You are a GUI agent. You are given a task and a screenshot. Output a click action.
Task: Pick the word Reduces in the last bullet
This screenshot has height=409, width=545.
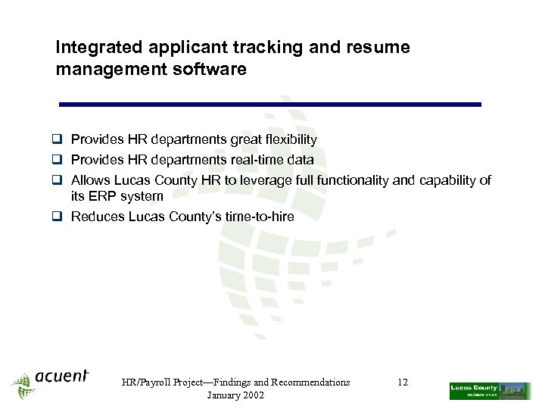[97, 217]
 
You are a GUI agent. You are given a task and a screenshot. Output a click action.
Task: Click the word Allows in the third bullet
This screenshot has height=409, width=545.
[90, 180]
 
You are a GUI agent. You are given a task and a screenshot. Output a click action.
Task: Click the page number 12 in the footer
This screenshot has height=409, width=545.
[403, 382]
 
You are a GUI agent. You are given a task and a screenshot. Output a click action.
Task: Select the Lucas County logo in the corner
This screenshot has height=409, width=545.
[489, 391]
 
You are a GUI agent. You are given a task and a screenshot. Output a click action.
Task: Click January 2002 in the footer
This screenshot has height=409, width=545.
[235, 396]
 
